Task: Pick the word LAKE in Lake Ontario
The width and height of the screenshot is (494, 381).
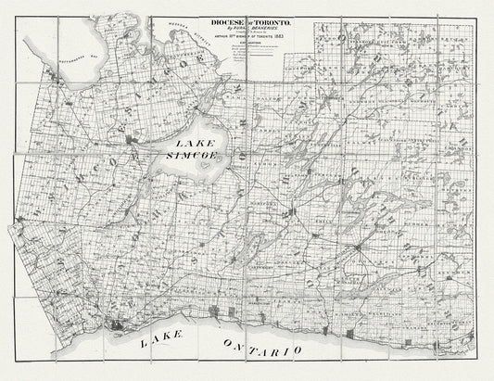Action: point(163,342)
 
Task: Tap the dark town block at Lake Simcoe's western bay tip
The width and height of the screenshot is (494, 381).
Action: point(138,141)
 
